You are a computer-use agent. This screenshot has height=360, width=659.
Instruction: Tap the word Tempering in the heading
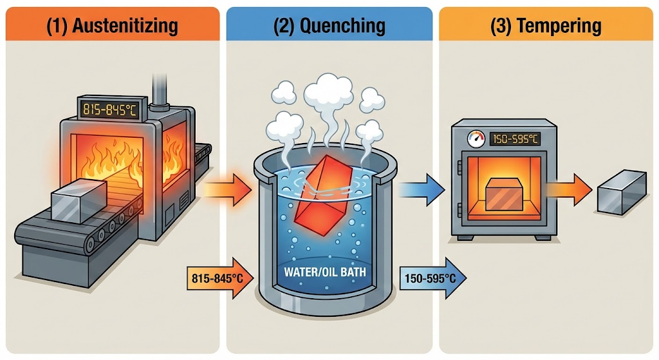(x=561, y=26)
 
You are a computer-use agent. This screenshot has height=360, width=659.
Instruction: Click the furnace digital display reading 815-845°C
(x=107, y=109)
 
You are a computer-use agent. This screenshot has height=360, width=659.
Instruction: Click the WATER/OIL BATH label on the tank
(x=326, y=272)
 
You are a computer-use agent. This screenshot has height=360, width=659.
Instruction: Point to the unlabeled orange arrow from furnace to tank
(x=227, y=188)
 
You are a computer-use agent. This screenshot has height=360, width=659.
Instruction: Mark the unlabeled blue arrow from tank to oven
(x=422, y=188)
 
